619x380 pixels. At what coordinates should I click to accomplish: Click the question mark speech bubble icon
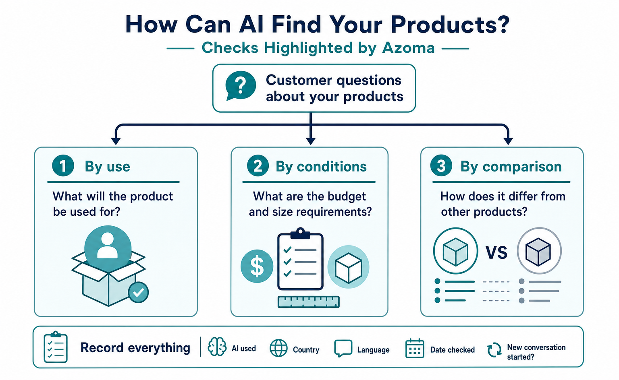pyautogui.click(x=241, y=86)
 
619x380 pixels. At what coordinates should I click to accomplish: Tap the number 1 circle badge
pyautogui.click(x=63, y=165)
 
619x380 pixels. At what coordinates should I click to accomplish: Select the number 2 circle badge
pyautogui.click(x=258, y=165)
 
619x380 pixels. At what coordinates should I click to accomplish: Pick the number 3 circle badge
pyautogui.click(x=441, y=165)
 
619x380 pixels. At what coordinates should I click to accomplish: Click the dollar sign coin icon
pyautogui.click(x=257, y=266)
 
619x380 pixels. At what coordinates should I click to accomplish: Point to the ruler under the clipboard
pyautogui.click(x=308, y=302)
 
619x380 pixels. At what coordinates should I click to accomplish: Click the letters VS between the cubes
pyautogui.click(x=496, y=252)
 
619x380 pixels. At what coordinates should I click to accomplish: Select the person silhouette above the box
pyautogui.click(x=108, y=245)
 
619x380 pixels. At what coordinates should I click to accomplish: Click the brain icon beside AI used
pyautogui.click(x=217, y=347)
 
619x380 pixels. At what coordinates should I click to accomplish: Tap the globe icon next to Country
pyautogui.click(x=278, y=348)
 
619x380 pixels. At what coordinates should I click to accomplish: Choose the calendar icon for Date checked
pyautogui.click(x=415, y=348)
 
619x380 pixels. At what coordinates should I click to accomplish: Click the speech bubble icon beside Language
pyautogui.click(x=343, y=348)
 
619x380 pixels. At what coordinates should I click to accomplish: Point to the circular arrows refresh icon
pyautogui.click(x=494, y=350)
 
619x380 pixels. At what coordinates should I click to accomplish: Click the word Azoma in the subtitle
pyautogui.click(x=408, y=48)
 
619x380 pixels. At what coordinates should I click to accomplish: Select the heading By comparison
pyautogui.click(x=511, y=166)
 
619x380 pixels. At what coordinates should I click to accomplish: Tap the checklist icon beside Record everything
pyautogui.click(x=56, y=347)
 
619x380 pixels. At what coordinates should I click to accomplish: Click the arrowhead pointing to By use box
pyautogui.click(x=116, y=141)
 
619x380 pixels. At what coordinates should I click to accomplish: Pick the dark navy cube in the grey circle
pyautogui.click(x=538, y=252)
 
